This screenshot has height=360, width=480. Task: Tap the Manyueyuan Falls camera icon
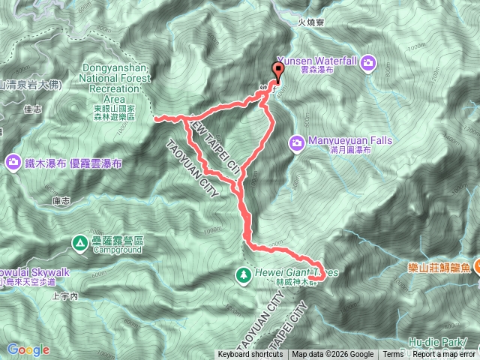point(297,141)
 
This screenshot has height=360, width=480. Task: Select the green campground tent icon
point(80,241)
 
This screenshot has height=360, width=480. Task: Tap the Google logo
point(28,349)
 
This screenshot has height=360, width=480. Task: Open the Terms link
point(393,355)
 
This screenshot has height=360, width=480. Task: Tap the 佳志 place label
point(32,109)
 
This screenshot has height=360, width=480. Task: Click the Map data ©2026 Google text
point(332,355)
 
